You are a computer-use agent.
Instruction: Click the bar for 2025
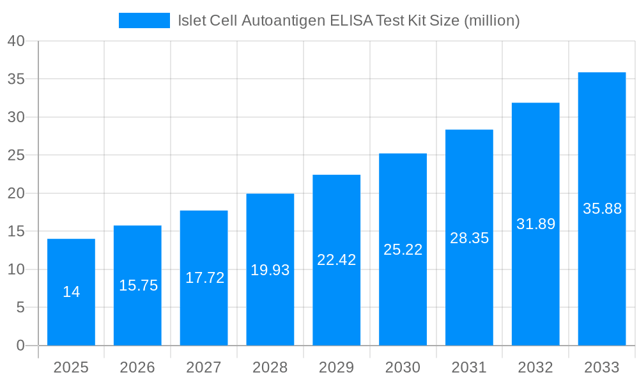(71, 292)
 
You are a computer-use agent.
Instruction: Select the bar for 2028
(270, 269)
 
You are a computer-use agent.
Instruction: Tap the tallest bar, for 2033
(602, 209)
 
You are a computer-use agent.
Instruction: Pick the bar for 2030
(403, 250)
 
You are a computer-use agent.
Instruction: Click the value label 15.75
(138, 285)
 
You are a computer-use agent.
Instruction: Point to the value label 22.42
(337, 260)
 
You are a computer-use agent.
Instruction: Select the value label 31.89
(535, 224)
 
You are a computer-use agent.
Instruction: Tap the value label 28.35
(469, 238)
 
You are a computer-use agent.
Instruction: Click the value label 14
(71, 292)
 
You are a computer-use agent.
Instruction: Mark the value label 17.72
(204, 278)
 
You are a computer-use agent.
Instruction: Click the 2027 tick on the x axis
(204, 367)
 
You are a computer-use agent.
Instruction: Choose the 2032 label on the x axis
(535, 367)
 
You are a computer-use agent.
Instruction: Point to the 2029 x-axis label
(337, 367)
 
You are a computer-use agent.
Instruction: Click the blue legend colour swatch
(144, 20)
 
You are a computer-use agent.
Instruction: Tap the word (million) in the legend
(491, 20)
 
